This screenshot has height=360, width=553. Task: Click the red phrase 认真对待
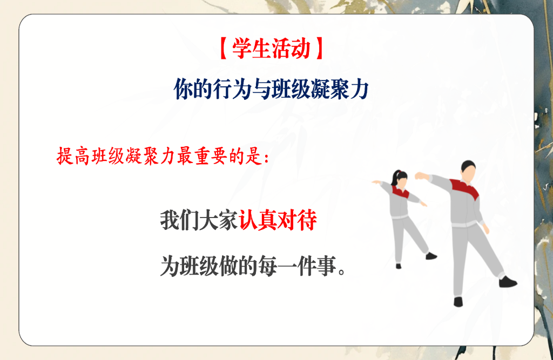coord(278,221)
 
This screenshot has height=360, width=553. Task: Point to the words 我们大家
coord(199,221)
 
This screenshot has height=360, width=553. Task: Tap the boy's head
coord(468,171)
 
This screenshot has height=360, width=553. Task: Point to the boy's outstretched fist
coord(419,176)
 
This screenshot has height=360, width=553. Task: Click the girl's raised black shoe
coord(430,256)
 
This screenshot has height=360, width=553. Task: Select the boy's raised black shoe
coord(508,282)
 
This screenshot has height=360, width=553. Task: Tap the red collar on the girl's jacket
coord(400,192)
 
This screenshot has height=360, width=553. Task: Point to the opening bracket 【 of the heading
coord(224,49)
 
